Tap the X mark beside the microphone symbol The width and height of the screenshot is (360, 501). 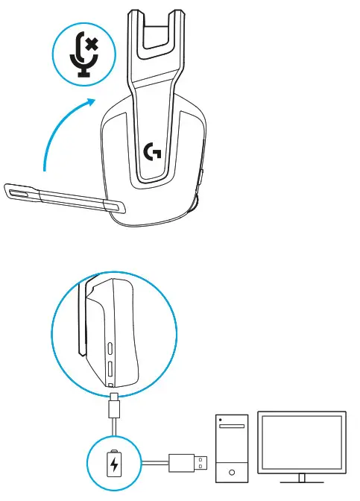tap(92, 45)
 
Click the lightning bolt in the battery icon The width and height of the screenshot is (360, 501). tap(114, 465)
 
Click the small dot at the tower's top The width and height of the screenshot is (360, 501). tap(221, 419)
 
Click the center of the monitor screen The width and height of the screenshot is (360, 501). tap(301, 441)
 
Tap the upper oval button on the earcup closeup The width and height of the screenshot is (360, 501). tap(111, 348)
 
